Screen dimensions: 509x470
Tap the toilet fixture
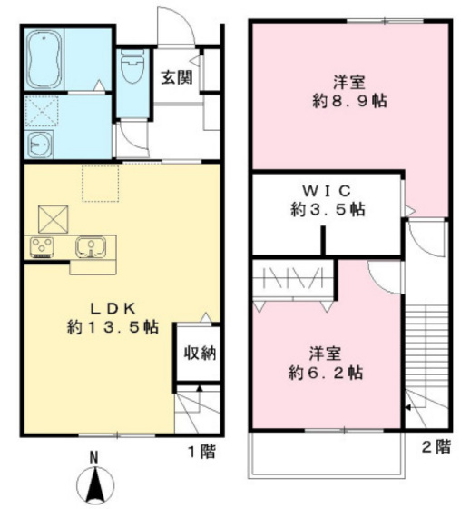[133, 66]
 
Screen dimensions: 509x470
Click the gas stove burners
[43, 245]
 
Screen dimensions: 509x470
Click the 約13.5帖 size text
[101, 325]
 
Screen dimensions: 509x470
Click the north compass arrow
[95, 485]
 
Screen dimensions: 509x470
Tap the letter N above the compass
[94, 456]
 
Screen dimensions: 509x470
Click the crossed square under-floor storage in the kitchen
[53, 218]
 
